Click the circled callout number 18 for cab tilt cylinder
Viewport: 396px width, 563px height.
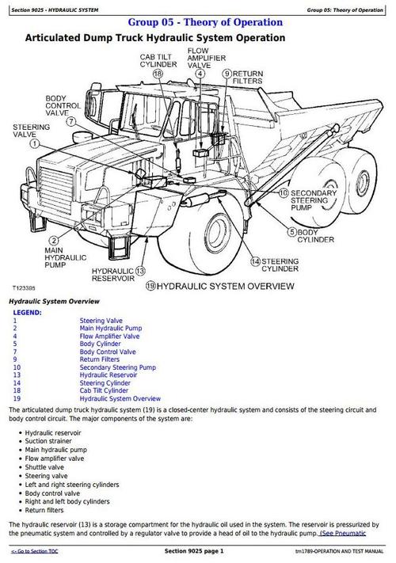pyautogui.click(x=158, y=73)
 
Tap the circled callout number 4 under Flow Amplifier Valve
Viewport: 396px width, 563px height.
pyautogui.click(x=200, y=73)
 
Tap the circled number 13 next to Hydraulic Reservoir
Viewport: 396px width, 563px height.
pyautogui.click(x=141, y=270)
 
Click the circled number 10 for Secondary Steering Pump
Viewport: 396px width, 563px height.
pyautogui.click(x=284, y=192)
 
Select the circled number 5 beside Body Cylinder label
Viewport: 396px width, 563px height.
pyautogui.click(x=291, y=232)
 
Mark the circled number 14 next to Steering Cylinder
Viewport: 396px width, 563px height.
pyautogui.click(x=255, y=261)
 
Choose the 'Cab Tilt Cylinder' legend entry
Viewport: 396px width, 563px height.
pyautogui.click(x=104, y=390)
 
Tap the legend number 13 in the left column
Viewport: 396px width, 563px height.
pyautogui.click(x=17, y=375)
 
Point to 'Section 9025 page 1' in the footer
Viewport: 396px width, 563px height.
pyautogui.click(x=194, y=551)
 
